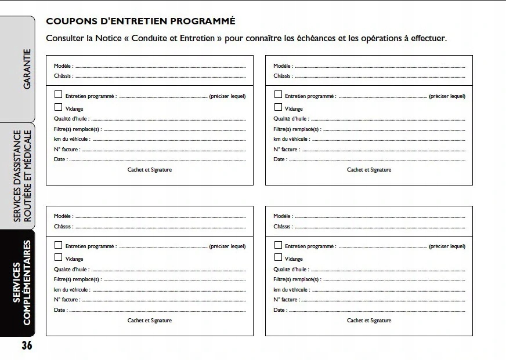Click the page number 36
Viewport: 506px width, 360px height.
(x=27, y=346)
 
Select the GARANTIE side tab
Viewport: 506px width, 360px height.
(x=26, y=70)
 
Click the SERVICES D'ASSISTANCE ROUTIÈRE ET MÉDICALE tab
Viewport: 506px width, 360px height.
(x=22, y=176)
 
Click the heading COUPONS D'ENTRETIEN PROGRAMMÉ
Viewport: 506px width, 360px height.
(x=140, y=21)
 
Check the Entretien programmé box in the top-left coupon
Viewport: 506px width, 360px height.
(x=58, y=94)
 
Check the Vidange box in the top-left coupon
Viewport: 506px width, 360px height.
(x=58, y=107)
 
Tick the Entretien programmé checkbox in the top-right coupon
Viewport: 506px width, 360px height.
(x=278, y=94)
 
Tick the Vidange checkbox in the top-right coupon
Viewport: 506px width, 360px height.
(x=278, y=107)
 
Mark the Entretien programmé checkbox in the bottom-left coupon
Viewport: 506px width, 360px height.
(x=58, y=245)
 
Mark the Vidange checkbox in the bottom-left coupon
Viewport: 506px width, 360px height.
(x=58, y=258)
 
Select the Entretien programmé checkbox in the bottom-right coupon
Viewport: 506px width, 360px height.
(x=278, y=245)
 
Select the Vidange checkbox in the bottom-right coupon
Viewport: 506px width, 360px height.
(x=278, y=258)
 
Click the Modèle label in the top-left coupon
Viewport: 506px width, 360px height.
(x=63, y=66)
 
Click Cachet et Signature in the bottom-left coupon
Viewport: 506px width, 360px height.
(x=150, y=321)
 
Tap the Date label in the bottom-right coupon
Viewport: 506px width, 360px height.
(x=280, y=310)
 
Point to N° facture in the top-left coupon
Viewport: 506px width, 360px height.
(x=67, y=150)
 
